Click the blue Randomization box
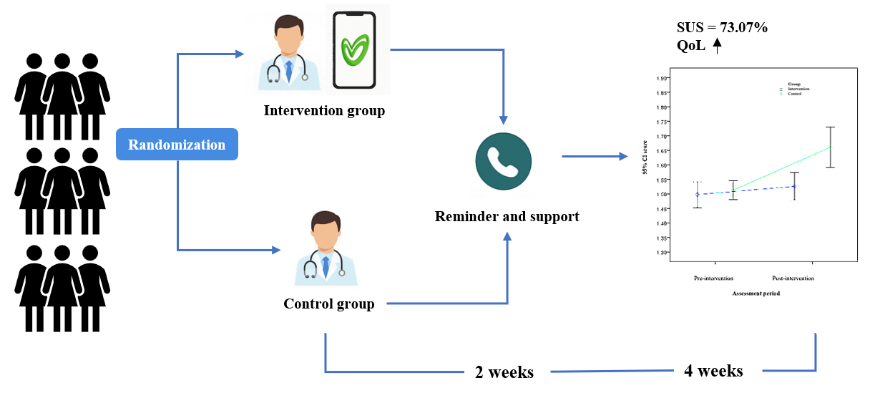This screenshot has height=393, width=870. pos(177,145)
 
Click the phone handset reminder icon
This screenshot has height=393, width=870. pos(504,162)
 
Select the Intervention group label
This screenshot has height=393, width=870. pos(324,111)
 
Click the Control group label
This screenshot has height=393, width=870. pos(328,304)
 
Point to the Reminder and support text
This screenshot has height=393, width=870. pos(507,216)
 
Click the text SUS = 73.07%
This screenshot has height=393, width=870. pos(722,28)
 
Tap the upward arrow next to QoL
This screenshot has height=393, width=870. pos(718,47)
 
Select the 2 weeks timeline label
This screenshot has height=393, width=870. pos(504,373)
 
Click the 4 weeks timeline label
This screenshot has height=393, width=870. pos(713,371)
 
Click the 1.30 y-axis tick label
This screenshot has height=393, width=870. pos(661,252)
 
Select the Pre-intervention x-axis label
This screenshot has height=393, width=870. pos(713,277)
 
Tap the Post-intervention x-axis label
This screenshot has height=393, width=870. pos(793,277)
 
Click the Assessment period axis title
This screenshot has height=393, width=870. pos(755,294)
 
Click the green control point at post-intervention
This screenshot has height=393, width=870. pos(830,147)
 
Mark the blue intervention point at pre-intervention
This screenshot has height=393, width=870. pos(698,194)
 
